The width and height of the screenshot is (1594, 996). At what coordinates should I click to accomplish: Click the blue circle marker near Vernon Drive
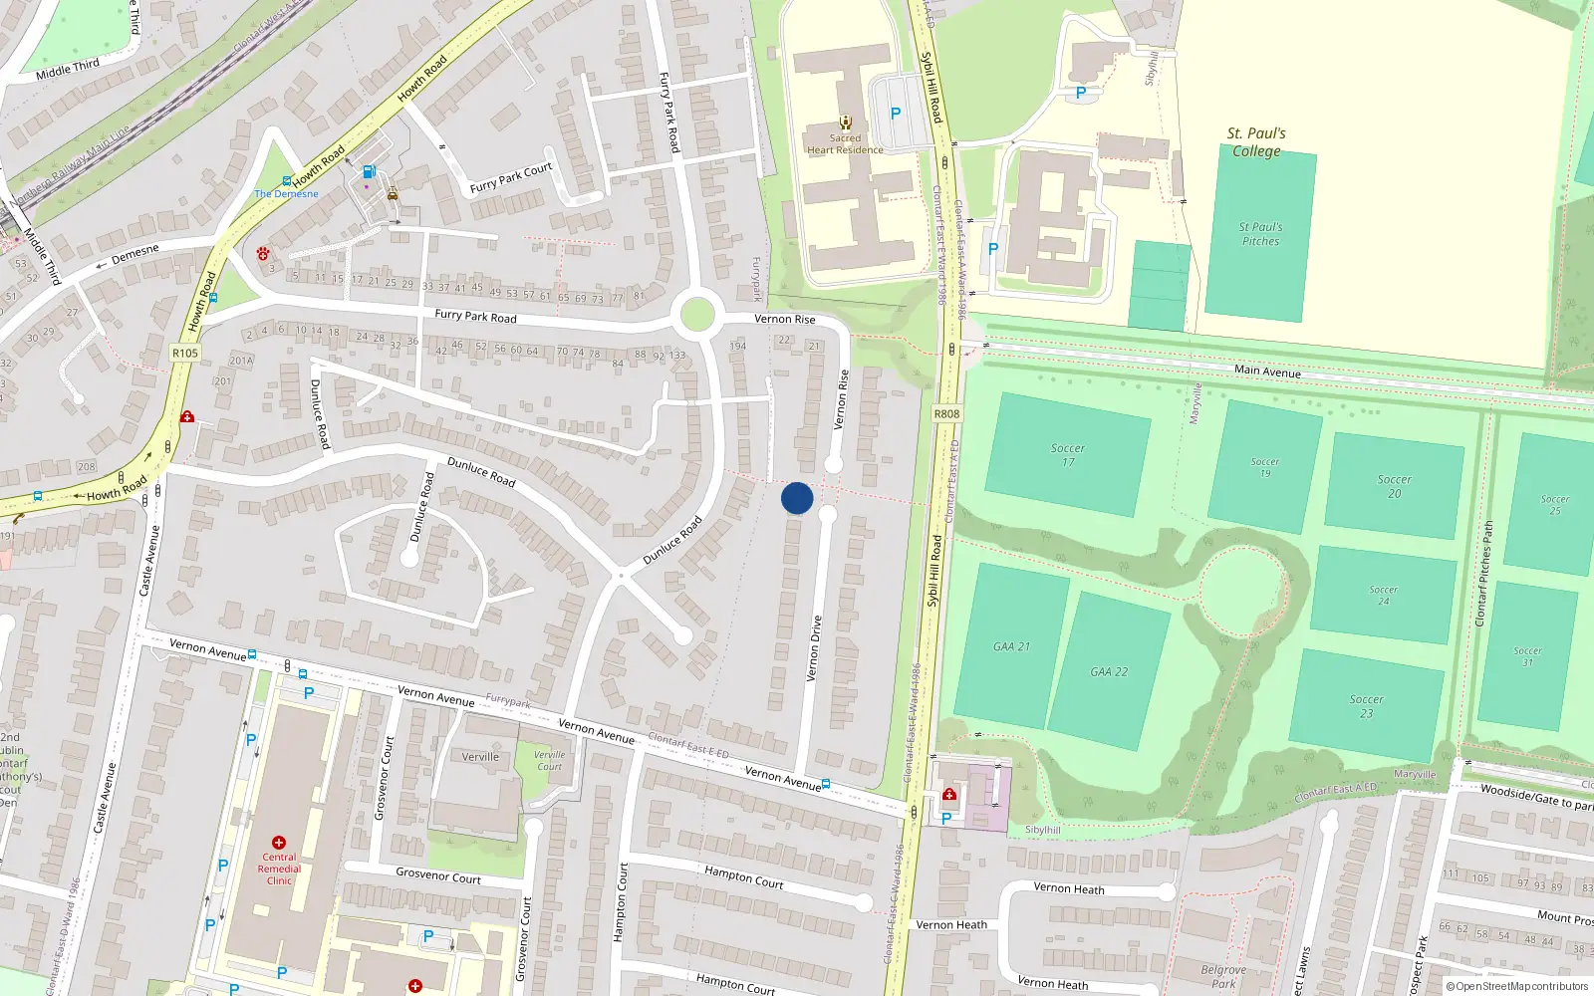click(x=797, y=498)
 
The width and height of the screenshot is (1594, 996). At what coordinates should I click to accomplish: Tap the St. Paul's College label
click(x=1256, y=142)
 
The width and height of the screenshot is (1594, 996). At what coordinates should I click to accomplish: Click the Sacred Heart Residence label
click(x=845, y=144)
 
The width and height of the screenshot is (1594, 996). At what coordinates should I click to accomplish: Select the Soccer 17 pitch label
click(x=1067, y=455)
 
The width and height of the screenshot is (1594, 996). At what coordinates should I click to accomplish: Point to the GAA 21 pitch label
click(x=1011, y=646)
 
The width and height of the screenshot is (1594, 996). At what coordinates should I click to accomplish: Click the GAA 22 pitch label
click(x=1108, y=672)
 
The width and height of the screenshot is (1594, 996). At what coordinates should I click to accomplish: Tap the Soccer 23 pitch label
click(x=1366, y=706)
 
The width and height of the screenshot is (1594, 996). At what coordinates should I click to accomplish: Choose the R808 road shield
click(x=946, y=413)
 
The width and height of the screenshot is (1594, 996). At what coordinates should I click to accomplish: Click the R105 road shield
click(x=185, y=353)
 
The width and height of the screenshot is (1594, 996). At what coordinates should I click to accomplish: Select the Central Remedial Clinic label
click(x=279, y=869)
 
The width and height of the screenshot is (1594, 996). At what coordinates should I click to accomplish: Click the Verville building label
click(x=480, y=757)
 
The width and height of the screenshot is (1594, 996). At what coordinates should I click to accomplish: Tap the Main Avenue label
click(x=1267, y=371)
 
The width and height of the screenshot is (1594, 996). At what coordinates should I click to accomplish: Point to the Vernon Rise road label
click(x=784, y=319)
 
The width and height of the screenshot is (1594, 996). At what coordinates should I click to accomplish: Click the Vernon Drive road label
click(x=815, y=647)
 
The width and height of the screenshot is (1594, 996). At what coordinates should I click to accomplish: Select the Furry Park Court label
click(x=510, y=178)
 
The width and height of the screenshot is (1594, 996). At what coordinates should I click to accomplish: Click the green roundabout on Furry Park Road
click(x=696, y=317)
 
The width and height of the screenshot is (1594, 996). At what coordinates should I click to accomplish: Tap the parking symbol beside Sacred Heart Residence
click(x=895, y=114)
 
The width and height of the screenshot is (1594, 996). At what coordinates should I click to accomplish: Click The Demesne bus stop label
click(x=286, y=194)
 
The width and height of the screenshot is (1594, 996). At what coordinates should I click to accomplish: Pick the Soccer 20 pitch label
click(x=1394, y=486)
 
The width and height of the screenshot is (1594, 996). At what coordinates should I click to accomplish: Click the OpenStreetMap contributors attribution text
click(x=1517, y=986)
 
